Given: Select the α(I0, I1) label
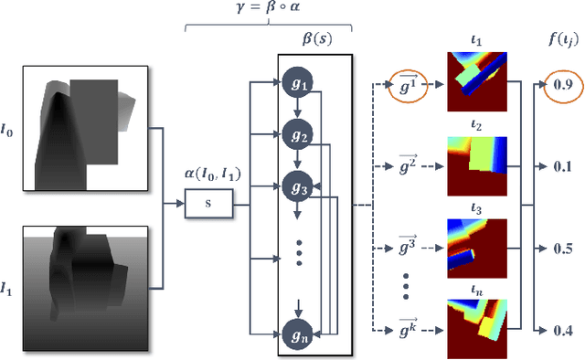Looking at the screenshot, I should pyautogui.click(x=209, y=177).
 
